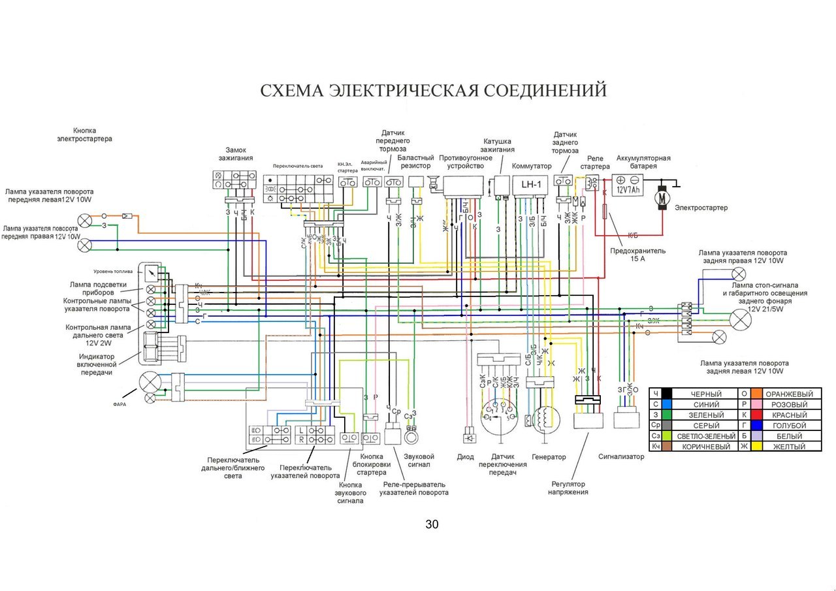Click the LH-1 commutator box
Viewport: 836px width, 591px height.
coord(530,184)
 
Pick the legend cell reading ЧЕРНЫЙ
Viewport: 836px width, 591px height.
coord(705,394)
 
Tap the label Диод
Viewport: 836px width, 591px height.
coord(466,457)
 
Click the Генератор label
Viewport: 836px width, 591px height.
coord(549,457)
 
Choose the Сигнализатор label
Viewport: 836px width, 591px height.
coord(621,456)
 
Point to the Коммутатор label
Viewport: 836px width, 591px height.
coord(532,167)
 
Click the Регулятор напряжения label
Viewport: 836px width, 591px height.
coord(568,488)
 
